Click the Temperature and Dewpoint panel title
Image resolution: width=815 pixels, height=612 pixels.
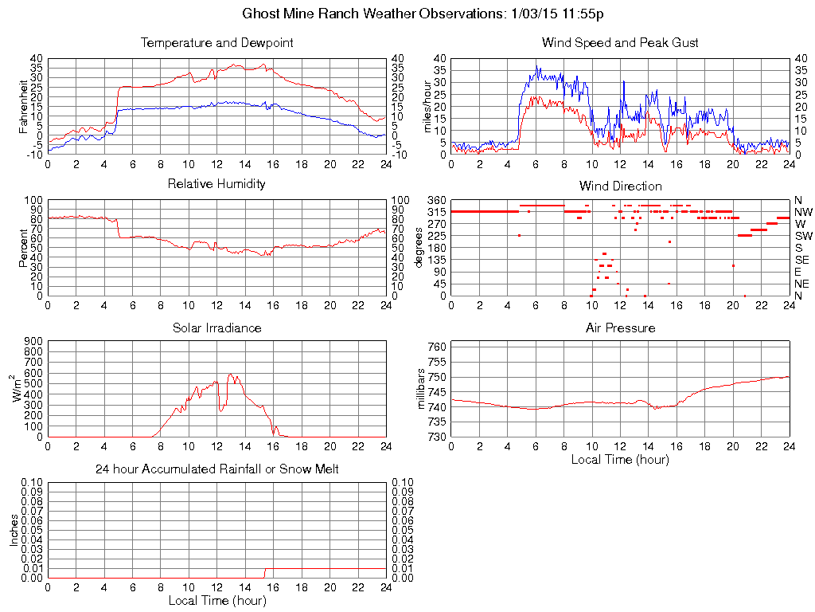click(x=216, y=43)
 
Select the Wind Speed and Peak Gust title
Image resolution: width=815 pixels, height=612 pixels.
click(x=620, y=43)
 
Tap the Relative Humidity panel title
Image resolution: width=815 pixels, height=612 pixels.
click(x=216, y=185)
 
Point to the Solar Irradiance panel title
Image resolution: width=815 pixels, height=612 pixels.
click(x=216, y=328)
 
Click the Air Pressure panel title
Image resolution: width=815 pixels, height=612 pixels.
click(x=620, y=328)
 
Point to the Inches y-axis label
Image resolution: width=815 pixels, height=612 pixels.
click(x=14, y=529)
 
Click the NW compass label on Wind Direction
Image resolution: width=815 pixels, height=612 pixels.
click(x=803, y=212)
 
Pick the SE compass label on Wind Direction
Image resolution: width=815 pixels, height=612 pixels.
click(x=802, y=260)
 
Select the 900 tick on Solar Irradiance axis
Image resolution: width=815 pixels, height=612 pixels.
click(x=33, y=341)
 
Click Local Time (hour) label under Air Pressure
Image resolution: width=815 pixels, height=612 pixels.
click(x=620, y=459)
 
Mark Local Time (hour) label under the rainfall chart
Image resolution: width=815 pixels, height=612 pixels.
click(x=216, y=600)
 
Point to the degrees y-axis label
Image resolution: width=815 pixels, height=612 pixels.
click(x=420, y=247)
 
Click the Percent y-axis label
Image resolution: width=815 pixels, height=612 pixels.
click(x=23, y=248)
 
